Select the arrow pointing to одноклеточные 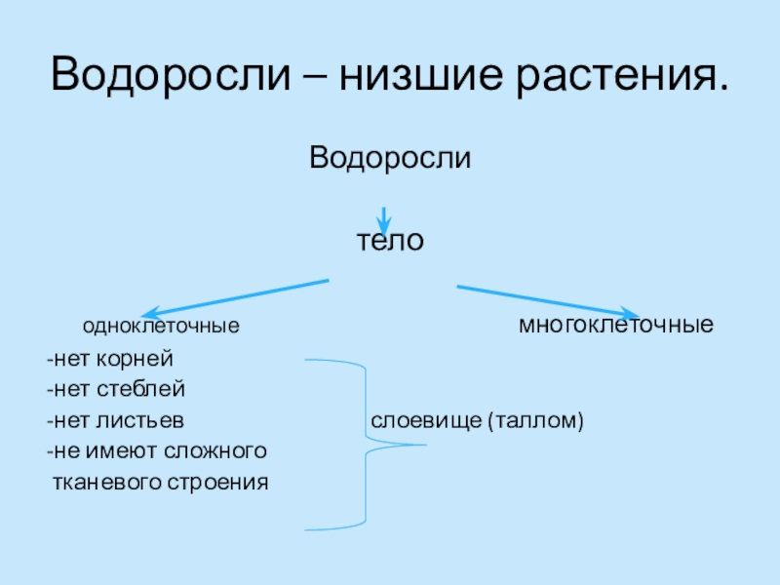234,299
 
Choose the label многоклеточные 615,324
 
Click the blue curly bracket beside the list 366,444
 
